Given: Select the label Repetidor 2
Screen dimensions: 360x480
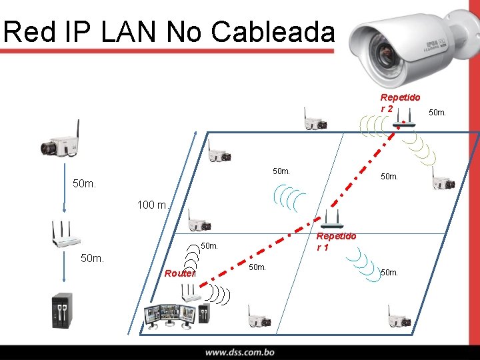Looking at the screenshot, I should point(399,102).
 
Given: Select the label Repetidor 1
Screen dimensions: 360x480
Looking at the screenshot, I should point(336,241).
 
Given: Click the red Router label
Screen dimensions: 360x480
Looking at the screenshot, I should point(179,273).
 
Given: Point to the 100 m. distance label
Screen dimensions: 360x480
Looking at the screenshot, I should point(153,205).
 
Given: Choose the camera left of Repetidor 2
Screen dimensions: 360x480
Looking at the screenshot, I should point(314,123).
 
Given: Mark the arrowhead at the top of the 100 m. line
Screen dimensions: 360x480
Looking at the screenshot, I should point(196,135).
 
